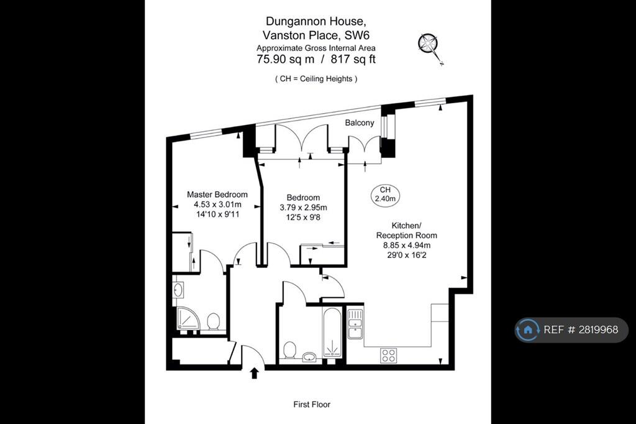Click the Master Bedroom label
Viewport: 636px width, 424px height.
[x=217, y=195]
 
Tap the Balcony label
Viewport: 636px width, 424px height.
[x=360, y=122]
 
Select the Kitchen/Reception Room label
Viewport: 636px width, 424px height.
[x=406, y=230]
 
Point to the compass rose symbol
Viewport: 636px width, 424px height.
[x=429, y=46]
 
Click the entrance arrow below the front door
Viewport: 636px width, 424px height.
[x=254, y=373]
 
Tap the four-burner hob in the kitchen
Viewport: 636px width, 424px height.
[x=389, y=356]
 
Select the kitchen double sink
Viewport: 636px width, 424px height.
[x=355, y=324]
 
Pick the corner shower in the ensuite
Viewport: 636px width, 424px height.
[x=188, y=318]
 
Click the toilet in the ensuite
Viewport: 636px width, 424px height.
[x=214, y=321]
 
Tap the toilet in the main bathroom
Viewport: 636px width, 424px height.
[x=289, y=350]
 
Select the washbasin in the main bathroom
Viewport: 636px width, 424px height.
[x=309, y=357]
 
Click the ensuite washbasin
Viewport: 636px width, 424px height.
[x=178, y=290]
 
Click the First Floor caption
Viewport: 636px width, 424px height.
[x=312, y=405]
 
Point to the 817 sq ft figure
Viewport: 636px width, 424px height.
[x=353, y=59]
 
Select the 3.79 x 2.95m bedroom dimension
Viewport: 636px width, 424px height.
[x=303, y=208]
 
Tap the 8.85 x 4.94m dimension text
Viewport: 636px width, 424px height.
[x=407, y=246]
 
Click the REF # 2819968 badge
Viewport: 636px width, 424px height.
[x=571, y=330]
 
